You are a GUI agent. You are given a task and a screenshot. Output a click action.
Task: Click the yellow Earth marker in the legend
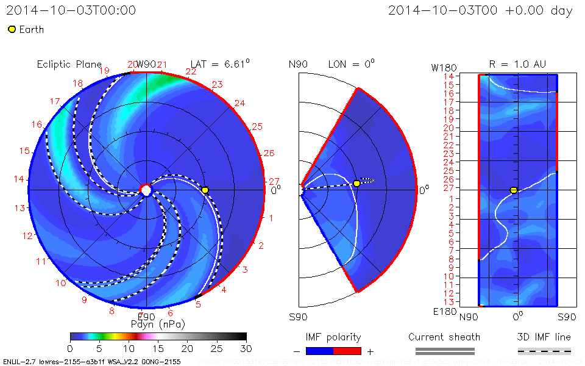(x=12, y=29)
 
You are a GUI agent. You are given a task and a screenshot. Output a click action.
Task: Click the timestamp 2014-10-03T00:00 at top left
(x=71, y=10)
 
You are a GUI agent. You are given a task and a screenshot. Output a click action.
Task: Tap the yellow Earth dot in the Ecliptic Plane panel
(x=205, y=190)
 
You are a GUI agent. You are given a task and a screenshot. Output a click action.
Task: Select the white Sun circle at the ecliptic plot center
(x=146, y=190)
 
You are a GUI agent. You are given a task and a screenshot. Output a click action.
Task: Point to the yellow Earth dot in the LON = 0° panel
(x=356, y=183)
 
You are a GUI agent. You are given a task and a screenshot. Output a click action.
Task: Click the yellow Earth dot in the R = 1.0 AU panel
(x=514, y=190)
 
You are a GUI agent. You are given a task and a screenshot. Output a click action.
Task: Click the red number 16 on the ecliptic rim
(x=37, y=124)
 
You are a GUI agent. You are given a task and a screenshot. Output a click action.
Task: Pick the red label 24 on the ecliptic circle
(x=239, y=103)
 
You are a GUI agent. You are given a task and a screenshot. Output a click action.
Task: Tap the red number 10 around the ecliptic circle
(x=61, y=283)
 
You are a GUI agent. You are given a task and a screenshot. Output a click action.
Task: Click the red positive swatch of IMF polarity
(x=347, y=351)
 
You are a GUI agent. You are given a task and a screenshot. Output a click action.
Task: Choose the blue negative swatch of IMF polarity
(x=319, y=351)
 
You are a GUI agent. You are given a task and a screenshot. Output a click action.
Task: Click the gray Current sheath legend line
(x=444, y=351)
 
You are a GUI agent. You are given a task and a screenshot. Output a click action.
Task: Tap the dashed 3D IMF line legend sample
(x=544, y=351)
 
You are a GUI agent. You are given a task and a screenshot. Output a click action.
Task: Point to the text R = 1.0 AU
(x=517, y=64)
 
